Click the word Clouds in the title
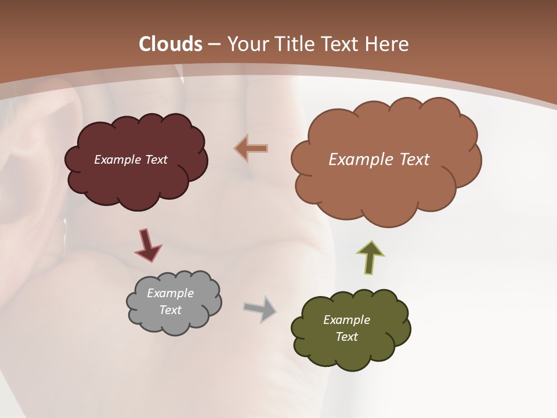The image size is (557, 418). point(171,44)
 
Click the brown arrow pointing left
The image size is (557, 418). point(251,149)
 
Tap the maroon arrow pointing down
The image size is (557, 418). point(147,245)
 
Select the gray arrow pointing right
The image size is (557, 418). point(261,308)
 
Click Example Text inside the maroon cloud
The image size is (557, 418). point(131,160)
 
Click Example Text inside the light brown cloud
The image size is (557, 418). point(379,160)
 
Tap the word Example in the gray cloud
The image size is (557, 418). point(170,293)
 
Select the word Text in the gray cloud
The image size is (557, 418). point(170,310)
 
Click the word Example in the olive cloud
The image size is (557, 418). point(346,320)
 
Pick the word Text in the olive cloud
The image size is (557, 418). point(346,337)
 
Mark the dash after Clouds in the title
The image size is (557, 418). point(214,44)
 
